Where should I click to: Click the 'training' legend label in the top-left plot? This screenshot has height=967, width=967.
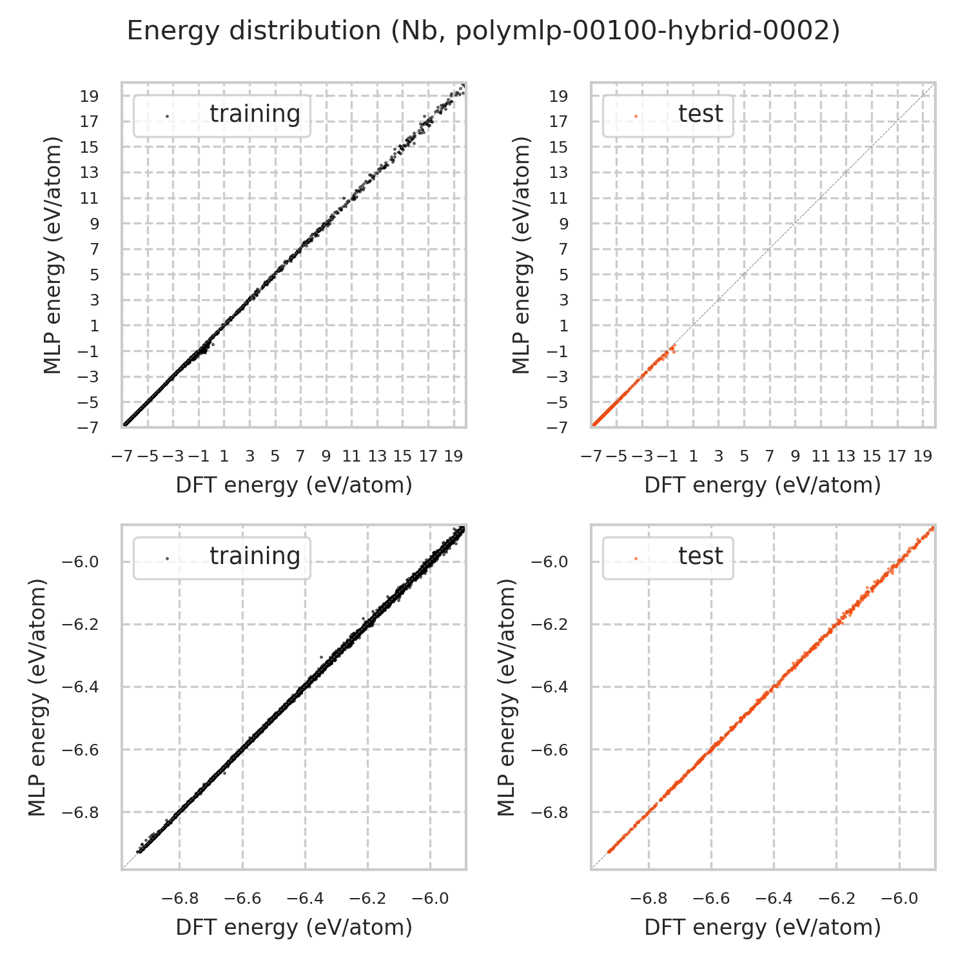tap(255, 113)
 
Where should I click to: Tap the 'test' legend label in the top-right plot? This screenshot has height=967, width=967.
tap(700, 113)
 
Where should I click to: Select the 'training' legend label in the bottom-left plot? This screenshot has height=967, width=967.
tap(255, 556)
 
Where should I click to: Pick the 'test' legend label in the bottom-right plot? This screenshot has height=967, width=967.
tap(700, 556)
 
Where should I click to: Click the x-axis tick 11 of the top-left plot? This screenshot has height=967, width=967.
tap(351, 456)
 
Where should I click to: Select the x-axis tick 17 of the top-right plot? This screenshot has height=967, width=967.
tap(897, 456)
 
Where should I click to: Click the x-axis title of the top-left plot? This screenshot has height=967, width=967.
tap(294, 485)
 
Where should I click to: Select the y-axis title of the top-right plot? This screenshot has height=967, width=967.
tap(522, 255)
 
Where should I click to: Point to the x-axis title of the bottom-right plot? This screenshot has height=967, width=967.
tap(763, 927)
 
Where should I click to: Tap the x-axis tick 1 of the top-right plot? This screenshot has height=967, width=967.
tap(693, 456)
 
